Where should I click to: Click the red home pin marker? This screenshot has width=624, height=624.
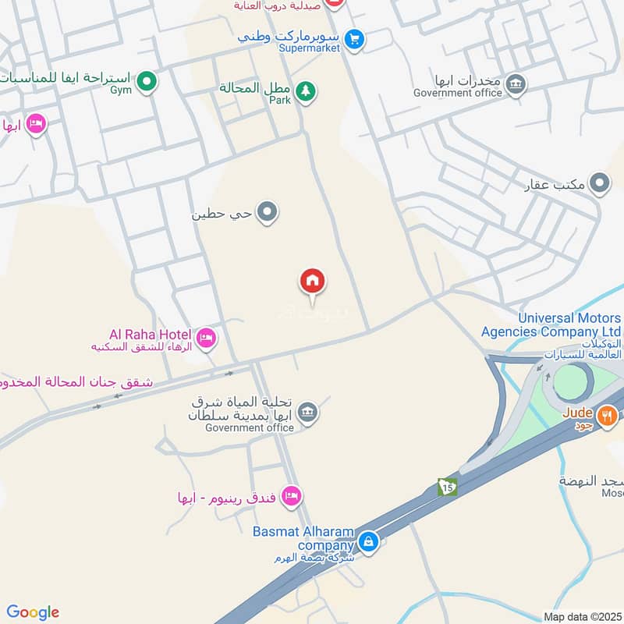313,281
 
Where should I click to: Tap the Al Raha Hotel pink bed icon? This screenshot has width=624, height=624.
207,338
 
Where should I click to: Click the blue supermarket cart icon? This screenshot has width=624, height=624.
355,38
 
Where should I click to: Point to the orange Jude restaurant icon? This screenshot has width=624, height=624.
608,417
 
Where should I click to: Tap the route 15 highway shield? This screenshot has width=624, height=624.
447,486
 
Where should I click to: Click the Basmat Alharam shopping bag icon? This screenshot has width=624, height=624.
368,540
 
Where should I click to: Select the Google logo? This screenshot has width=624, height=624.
33,612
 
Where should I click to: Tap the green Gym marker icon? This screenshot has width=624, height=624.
146,80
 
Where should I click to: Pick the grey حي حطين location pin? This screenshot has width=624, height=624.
268,211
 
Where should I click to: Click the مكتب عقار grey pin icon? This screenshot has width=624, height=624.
599,184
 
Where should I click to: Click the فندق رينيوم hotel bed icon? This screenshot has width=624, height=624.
291,495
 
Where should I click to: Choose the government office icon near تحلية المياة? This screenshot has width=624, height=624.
308,411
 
